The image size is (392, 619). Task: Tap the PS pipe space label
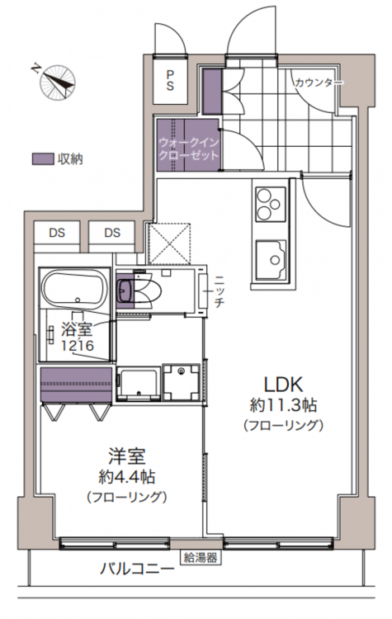(170, 81)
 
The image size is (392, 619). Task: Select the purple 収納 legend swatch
(43, 158)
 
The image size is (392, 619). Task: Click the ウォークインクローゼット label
(188, 148)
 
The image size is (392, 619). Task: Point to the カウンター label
(319, 83)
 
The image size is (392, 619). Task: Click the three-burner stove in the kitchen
(271, 204)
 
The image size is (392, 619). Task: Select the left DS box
(57, 237)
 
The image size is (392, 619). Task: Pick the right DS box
(112, 237)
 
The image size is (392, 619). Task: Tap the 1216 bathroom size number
(78, 346)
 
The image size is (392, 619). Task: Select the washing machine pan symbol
(182, 382)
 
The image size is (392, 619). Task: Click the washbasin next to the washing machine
(138, 383)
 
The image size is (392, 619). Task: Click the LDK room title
(283, 384)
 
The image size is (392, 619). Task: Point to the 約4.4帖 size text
(126, 477)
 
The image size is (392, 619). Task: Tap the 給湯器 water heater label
(201, 558)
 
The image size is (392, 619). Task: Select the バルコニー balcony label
(137, 569)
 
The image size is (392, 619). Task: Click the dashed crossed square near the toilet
(169, 243)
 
